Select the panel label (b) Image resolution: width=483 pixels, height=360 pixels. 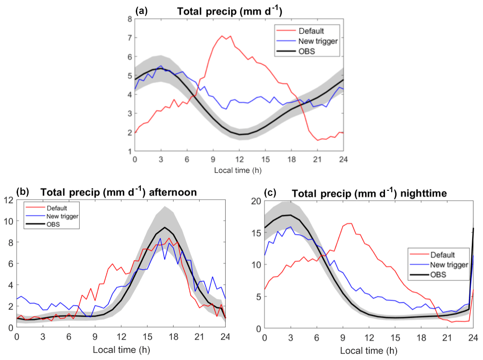coord(22,191)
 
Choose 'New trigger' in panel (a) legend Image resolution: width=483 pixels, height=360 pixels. coord(318,41)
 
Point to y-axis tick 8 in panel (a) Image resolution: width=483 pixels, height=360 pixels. coord(129,19)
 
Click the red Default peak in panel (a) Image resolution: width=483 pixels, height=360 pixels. coord(222,36)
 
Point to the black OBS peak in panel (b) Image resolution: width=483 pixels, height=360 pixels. coord(165,228)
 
